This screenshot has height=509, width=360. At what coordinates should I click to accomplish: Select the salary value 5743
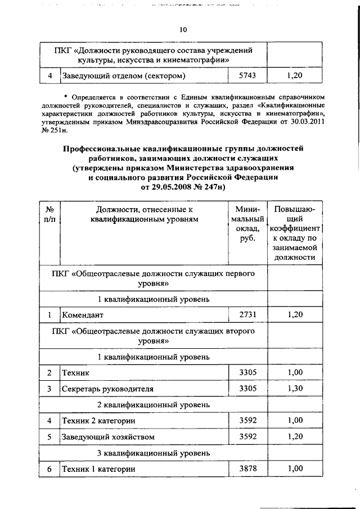tap(247, 75)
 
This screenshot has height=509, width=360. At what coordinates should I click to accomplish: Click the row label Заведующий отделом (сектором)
tap(124, 75)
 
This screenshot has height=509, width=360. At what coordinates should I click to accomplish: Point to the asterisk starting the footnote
tap(66, 97)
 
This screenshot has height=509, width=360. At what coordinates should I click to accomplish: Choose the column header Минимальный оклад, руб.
tap(247, 224)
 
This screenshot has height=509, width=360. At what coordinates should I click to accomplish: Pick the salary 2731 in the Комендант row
tap(247, 314)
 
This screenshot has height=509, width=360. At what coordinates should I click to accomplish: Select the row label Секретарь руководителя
tap(107, 389)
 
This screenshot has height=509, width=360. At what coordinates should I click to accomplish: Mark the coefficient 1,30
tap(295, 388)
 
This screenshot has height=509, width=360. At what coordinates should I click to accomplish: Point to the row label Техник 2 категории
tap(98, 420)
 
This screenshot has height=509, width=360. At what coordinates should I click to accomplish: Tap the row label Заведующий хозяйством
tap(108, 436)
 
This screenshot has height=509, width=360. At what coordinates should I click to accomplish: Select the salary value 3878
tap(247, 468)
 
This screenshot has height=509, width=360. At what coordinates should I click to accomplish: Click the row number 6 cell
tap(49, 469)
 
